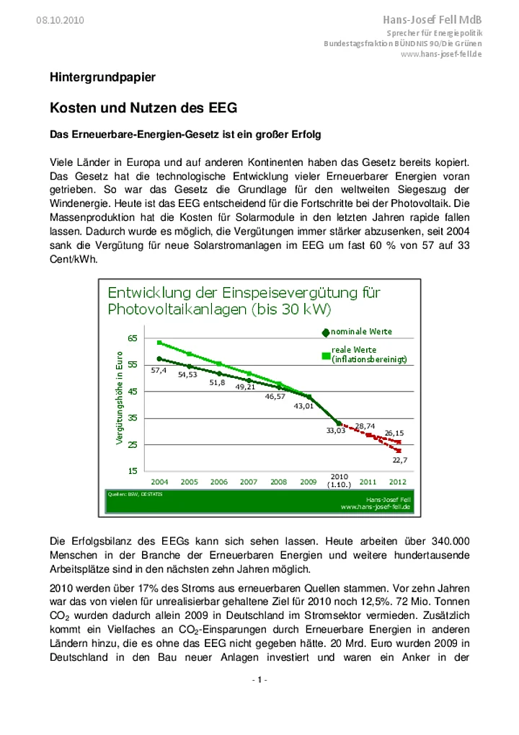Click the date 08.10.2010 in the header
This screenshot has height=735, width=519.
(x=60, y=20)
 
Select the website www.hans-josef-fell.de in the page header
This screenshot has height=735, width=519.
(x=440, y=54)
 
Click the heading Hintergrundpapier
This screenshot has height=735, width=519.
(x=102, y=76)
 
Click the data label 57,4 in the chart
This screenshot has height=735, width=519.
(x=159, y=370)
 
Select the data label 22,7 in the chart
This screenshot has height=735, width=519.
(x=401, y=459)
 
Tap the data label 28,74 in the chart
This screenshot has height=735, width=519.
(x=365, y=426)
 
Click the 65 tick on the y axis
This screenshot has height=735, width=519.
(x=133, y=338)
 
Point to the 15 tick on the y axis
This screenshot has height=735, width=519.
(x=133, y=470)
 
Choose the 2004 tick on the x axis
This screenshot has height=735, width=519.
(x=159, y=481)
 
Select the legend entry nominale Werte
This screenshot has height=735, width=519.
(x=360, y=331)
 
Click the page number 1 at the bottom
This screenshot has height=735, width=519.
(x=259, y=680)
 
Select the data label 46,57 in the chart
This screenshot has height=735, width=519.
(x=275, y=396)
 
